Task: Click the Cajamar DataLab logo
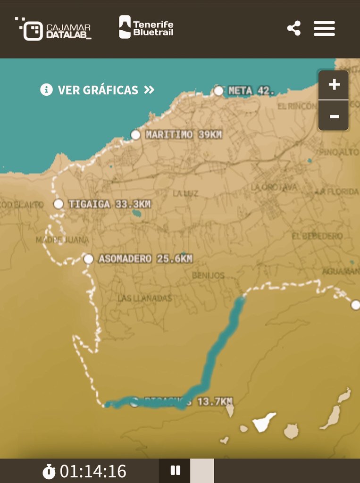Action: point(53,29)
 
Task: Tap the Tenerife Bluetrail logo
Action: point(146,27)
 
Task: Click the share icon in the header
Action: point(294,28)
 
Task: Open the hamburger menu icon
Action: point(325,28)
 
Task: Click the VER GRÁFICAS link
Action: point(98,90)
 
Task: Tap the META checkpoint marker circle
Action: point(218,91)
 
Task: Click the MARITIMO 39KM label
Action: point(184,135)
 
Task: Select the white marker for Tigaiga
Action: point(59,204)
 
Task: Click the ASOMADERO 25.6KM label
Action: point(145,258)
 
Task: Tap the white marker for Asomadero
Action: point(88,258)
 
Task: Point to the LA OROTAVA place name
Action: point(274,187)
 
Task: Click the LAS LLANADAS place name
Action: point(145,298)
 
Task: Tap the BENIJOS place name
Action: point(208,275)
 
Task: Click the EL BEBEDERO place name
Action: point(317,236)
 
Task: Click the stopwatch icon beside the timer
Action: point(49,471)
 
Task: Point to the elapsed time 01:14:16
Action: point(93,471)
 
